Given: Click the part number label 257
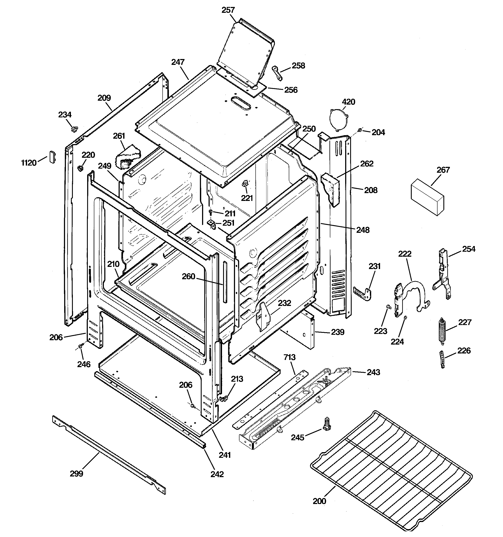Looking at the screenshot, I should [228, 10].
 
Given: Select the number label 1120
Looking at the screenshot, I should [29, 163].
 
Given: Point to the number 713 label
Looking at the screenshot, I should [289, 357].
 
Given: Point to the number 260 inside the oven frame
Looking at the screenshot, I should [188, 276].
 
